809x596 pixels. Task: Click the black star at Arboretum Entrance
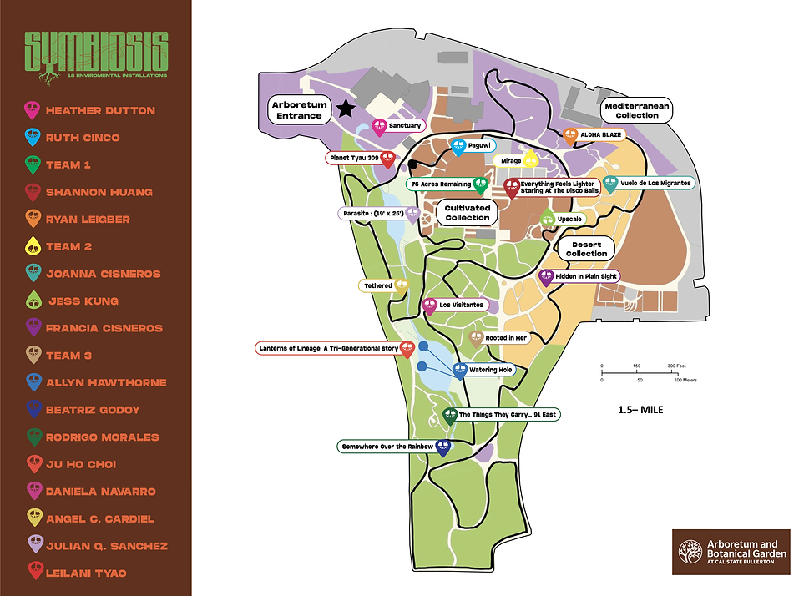pyautogui.click(x=346, y=107)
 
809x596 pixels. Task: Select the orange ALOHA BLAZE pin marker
pyautogui.click(x=570, y=136)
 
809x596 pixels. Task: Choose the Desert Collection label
pyautogui.click(x=586, y=248)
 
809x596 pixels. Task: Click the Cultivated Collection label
pyautogui.click(x=467, y=212)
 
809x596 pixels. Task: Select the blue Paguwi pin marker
pyautogui.click(x=458, y=146)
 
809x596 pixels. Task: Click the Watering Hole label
pyautogui.click(x=491, y=370)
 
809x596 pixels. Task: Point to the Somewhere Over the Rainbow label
pyautogui.click(x=387, y=447)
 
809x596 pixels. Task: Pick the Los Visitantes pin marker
pyautogui.click(x=430, y=306)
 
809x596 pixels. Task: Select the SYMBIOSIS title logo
pyautogui.click(x=96, y=54)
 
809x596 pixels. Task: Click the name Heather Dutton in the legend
pyautogui.click(x=100, y=110)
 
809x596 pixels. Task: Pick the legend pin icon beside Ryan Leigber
pyautogui.click(x=33, y=220)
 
